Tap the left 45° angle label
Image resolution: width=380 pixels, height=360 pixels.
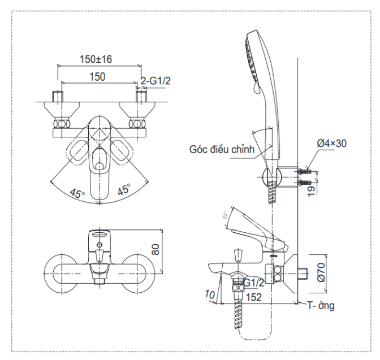77,192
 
